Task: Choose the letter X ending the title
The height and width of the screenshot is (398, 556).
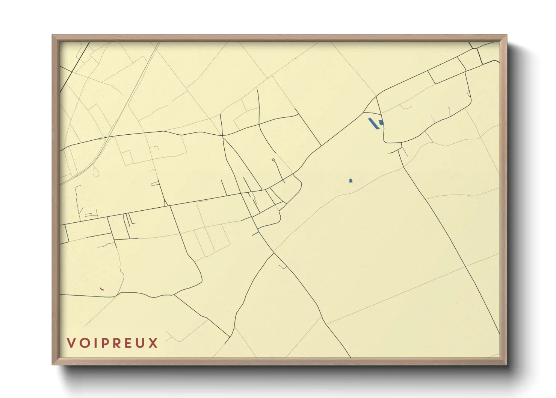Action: [x=153, y=343]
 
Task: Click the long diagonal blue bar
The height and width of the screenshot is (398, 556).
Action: [x=374, y=123]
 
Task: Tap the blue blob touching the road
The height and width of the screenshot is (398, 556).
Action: [x=381, y=122]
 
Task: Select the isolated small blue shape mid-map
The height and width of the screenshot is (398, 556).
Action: [x=351, y=181]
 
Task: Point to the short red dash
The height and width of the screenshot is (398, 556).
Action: [x=102, y=289]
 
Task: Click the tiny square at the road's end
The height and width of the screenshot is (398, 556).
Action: [x=273, y=160]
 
